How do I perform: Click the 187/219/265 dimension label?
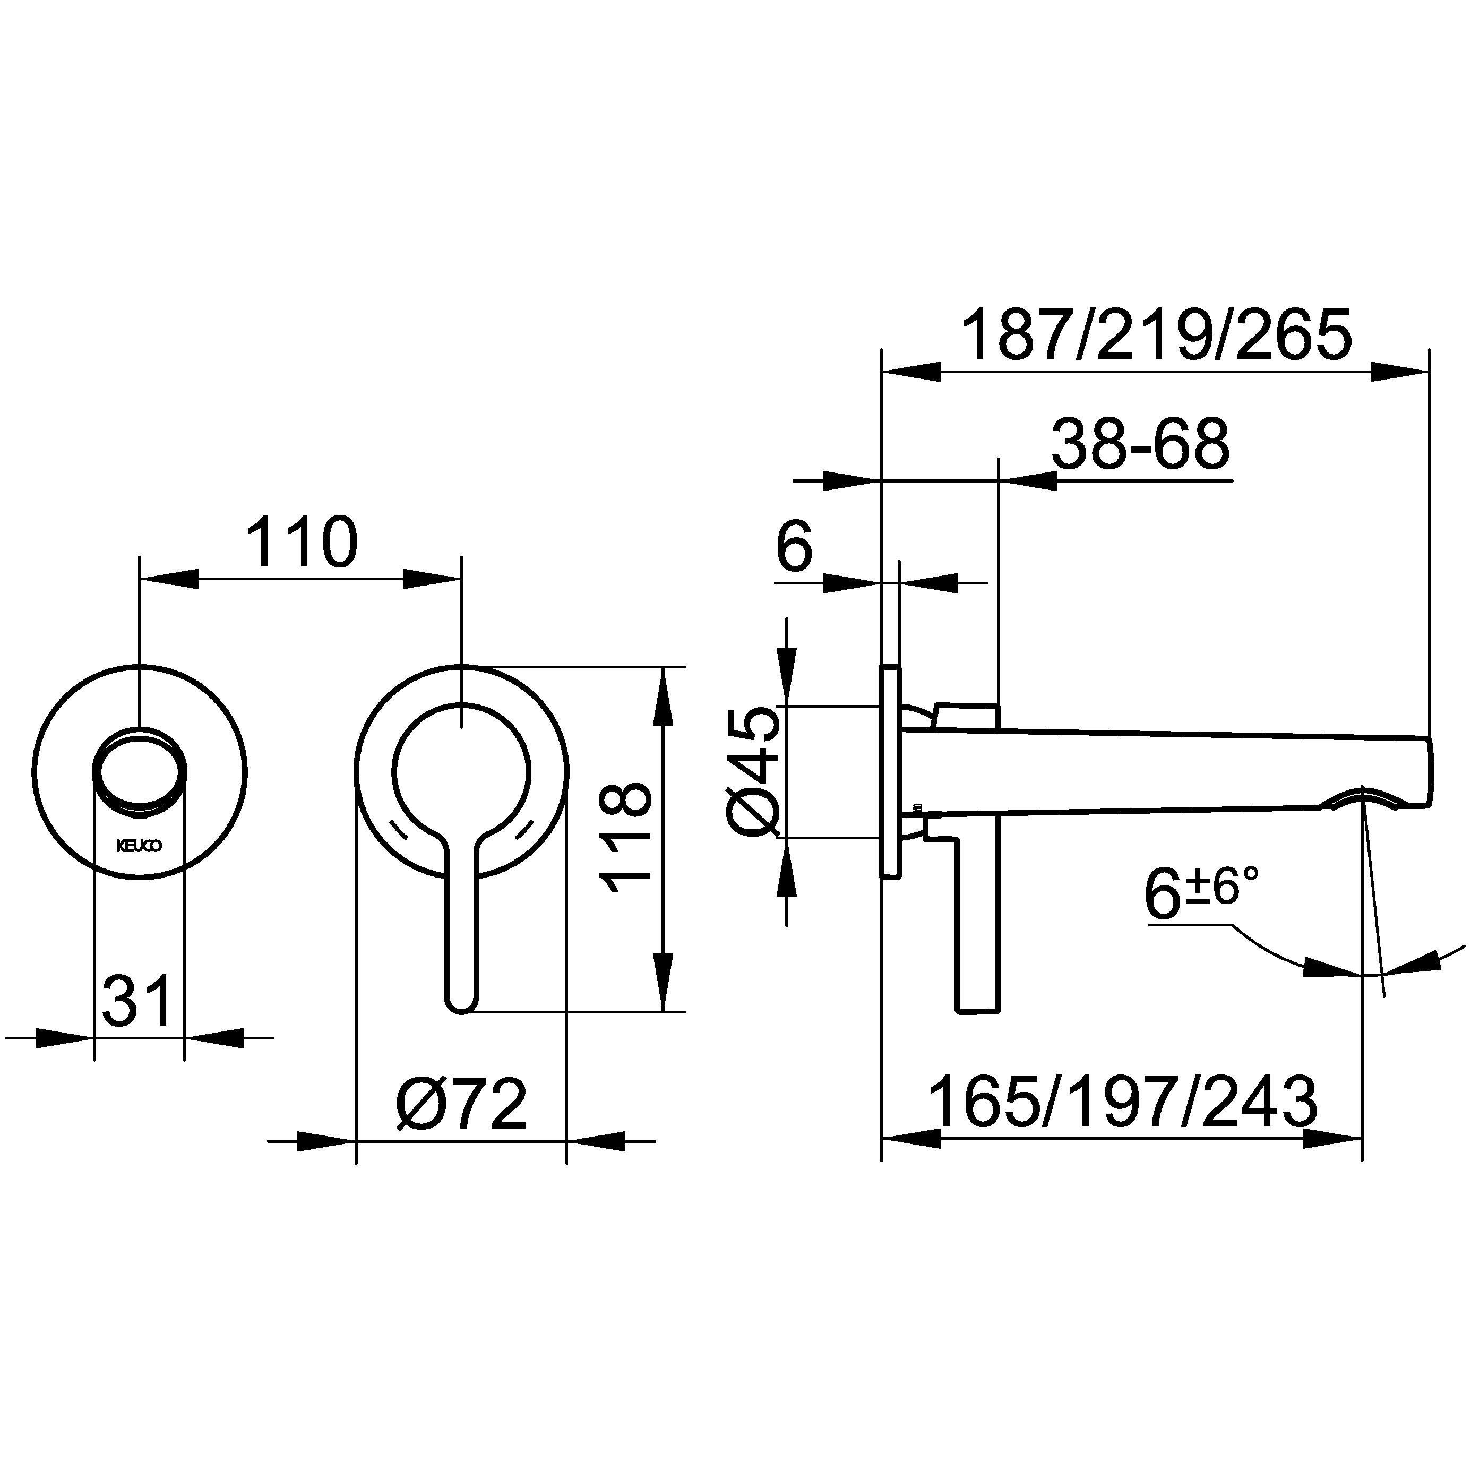(x=1157, y=334)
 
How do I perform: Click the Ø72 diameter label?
(x=461, y=1104)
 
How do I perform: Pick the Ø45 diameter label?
(x=754, y=772)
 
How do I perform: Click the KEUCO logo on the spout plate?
(x=139, y=846)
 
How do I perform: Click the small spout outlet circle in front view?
(x=139, y=772)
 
